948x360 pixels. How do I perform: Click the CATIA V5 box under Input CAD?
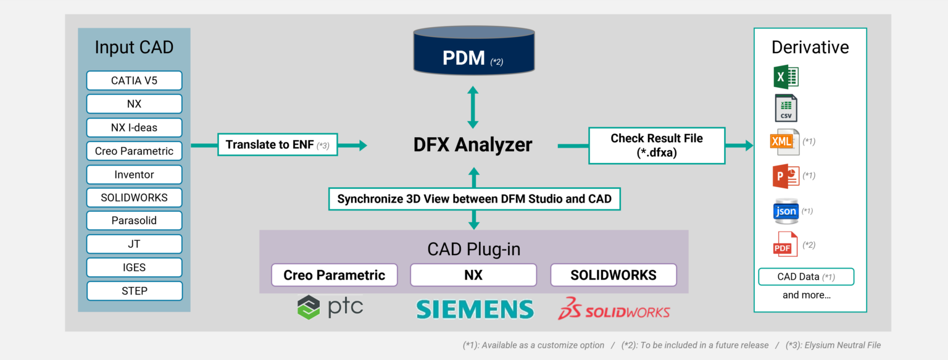click(134, 80)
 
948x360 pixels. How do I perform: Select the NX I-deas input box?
click(134, 128)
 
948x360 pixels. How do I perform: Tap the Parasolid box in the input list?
click(134, 220)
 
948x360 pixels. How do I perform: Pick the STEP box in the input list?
click(134, 291)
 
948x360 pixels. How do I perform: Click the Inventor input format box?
click(134, 175)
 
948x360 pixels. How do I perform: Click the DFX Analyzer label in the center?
click(473, 145)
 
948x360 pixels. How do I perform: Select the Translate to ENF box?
click(277, 145)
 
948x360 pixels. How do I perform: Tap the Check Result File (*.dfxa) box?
click(657, 146)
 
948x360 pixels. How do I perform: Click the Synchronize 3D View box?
click(474, 199)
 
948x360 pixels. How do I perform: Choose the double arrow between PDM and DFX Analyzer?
click(473, 107)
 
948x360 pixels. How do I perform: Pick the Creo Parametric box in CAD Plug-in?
click(334, 275)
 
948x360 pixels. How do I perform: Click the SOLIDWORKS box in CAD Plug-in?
click(613, 275)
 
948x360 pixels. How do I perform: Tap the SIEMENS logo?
click(475, 309)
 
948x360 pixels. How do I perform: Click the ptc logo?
click(330, 307)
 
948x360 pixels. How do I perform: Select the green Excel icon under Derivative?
click(786, 77)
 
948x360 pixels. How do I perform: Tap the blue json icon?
click(786, 211)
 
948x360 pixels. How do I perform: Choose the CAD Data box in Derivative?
click(805, 277)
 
